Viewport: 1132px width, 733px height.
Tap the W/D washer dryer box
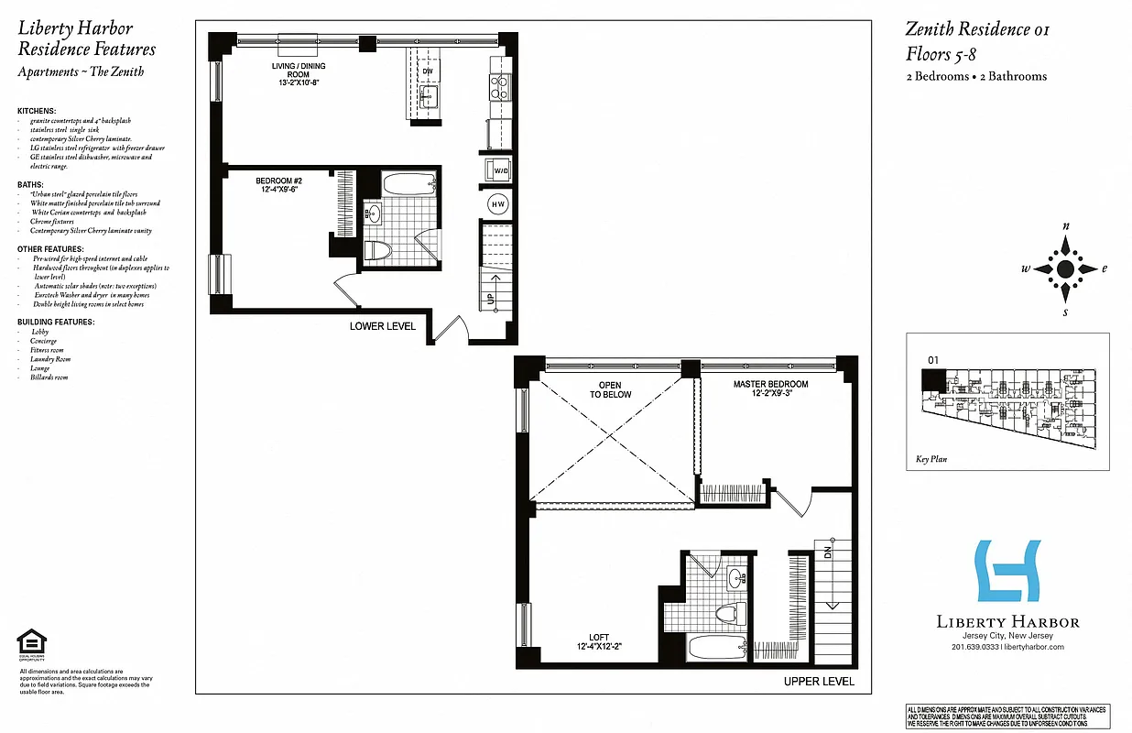click(x=501, y=170)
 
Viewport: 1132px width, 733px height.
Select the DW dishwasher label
click(x=428, y=71)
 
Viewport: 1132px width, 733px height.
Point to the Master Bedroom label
click(x=770, y=389)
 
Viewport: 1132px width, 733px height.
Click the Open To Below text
click(x=615, y=389)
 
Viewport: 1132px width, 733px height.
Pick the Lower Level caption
click(x=383, y=326)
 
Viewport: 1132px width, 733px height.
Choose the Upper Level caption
click(x=819, y=682)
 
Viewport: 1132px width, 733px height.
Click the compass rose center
click(x=1065, y=268)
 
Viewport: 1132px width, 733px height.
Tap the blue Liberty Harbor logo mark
click(x=1007, y=571)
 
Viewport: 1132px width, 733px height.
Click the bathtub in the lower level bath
click(x=408, y=184)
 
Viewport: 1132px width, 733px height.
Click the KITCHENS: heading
click(x=38, y=111)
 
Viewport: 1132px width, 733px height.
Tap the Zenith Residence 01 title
click(x=977, y=29)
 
